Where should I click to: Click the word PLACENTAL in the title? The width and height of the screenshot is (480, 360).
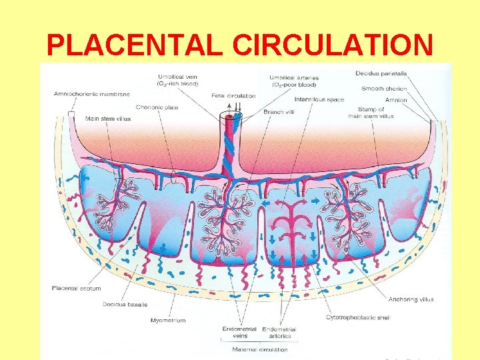click(x=136, y=45)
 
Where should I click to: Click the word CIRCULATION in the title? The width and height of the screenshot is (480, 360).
click(x=333, y=45)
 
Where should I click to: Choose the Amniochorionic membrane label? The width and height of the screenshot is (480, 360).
click(x=91, y=94)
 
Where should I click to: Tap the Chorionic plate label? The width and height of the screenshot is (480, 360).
click(x=157, y=107)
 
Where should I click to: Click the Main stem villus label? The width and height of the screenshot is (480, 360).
click(x=108, y=119)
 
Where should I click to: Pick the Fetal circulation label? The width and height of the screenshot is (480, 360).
click(x=233, y=96)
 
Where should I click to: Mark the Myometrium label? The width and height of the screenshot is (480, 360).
click(x=167, y=320)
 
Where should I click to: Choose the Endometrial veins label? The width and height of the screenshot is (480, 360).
click(x=234, y=333)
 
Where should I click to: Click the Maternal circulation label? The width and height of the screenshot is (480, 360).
click(x=260, y=349)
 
